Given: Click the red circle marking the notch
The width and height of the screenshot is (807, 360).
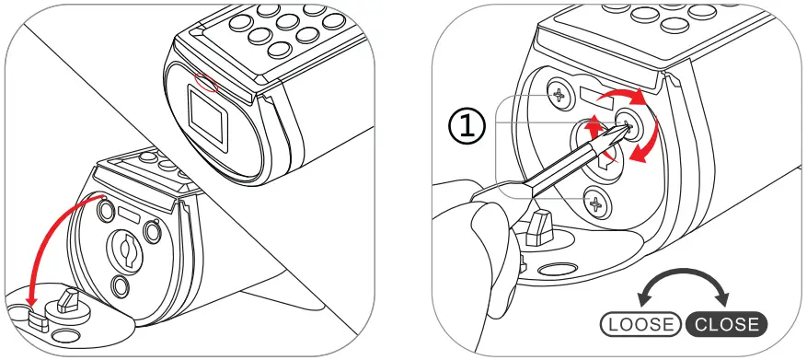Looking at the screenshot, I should (x=208, y=83).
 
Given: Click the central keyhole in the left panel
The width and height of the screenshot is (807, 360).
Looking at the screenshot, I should (x=126, y=247).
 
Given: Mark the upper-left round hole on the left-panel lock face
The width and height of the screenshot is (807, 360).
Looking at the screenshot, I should (x=102, y=209).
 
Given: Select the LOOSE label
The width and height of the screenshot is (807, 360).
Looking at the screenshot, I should (x=640, y=324).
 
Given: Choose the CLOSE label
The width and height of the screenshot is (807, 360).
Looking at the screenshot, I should (x=727, y=324).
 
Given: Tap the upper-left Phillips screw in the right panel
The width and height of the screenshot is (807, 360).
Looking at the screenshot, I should (x=559, y=93).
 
